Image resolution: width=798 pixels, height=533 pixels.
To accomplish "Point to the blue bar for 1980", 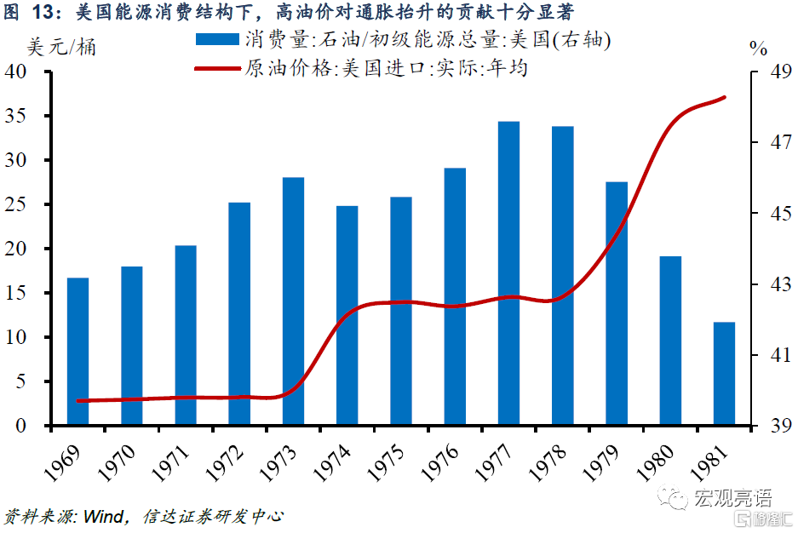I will tap(670, 341).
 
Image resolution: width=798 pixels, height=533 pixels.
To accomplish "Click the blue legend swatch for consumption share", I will tap(216, 39).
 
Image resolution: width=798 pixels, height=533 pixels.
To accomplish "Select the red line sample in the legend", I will tap(216, 68).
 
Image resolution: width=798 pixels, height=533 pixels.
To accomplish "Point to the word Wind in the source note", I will tap(101, 516).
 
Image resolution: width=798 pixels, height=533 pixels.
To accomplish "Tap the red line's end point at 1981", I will tap(725, 97).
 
